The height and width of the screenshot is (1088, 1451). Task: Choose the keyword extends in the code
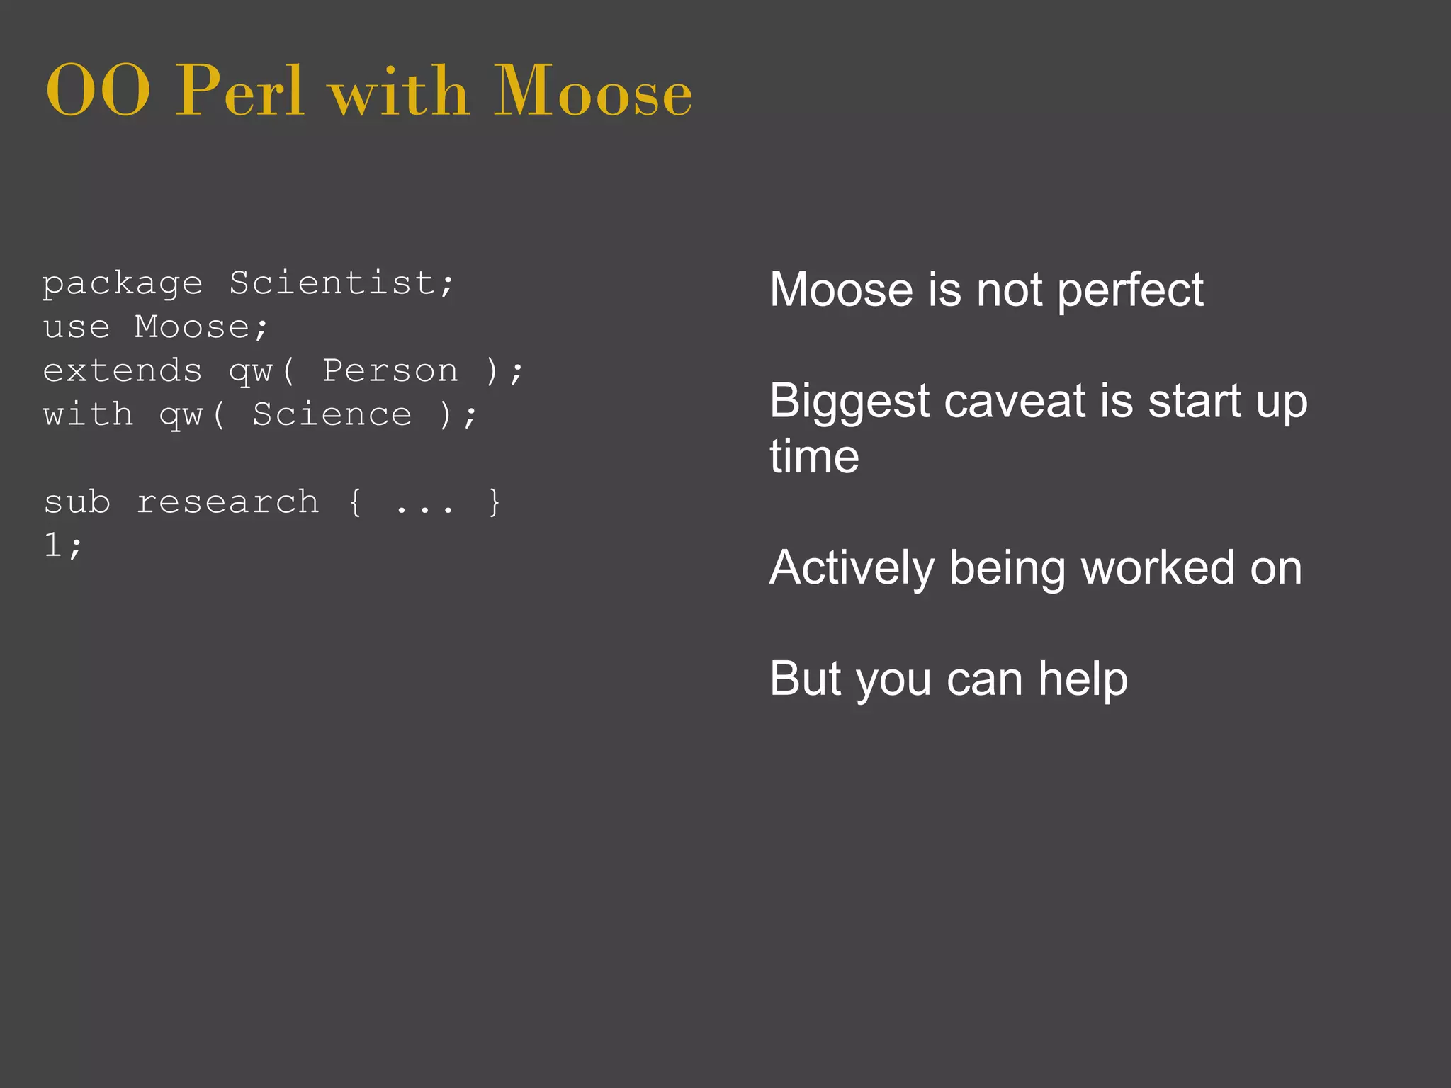[x=123, y=371]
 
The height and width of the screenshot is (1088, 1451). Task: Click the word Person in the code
[x=390, y=371]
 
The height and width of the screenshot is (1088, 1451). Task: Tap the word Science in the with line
[x=332, y=415]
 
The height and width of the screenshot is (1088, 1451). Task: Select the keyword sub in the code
[x=77, y=502]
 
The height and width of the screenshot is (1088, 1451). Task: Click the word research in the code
[x=227, y=502]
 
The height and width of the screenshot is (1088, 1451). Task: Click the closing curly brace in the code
[x=495, y=502]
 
